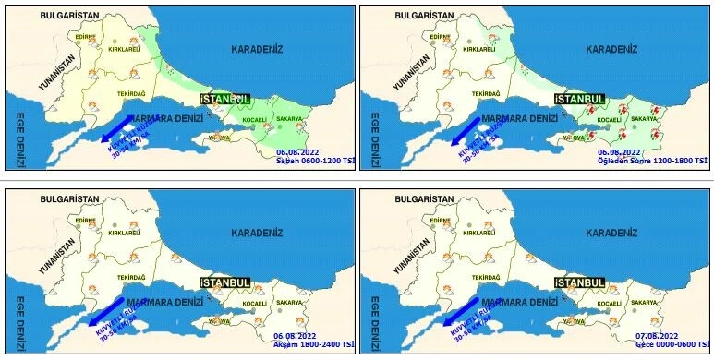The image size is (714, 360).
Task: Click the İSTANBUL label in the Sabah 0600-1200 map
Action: click(x=225, y=98)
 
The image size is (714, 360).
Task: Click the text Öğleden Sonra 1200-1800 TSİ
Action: click(x=651, y=161)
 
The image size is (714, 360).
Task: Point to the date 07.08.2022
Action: click(x=657, y=335)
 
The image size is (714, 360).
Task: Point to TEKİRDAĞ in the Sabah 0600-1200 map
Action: click(x=131, y=93)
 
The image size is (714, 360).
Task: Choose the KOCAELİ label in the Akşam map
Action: click(x=254, y=304)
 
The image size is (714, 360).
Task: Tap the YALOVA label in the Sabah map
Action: click(x=219, y=138)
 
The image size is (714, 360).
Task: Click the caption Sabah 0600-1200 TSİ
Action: click(x=315, y=161)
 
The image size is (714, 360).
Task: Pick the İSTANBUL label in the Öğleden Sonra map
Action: click(x=579, y=98)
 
